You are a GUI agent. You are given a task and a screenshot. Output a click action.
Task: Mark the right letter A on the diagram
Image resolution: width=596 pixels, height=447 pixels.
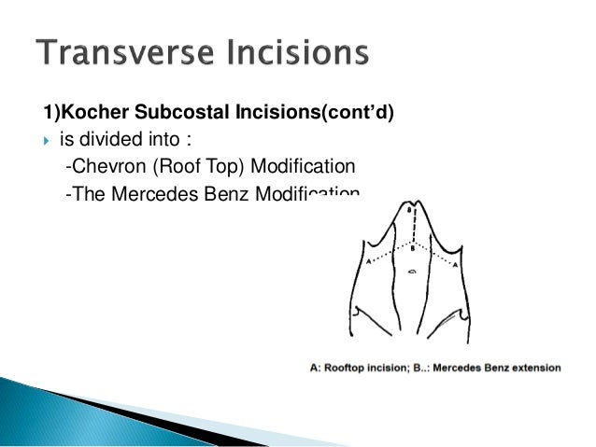pos(455,265)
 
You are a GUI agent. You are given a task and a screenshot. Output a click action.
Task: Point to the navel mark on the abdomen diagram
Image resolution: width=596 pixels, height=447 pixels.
pos(412,272)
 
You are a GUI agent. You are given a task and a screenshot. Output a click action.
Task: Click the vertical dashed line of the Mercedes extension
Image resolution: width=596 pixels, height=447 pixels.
pos(411,230)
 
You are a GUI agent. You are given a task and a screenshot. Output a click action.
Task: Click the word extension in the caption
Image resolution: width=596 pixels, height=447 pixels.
pos(532,368)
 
